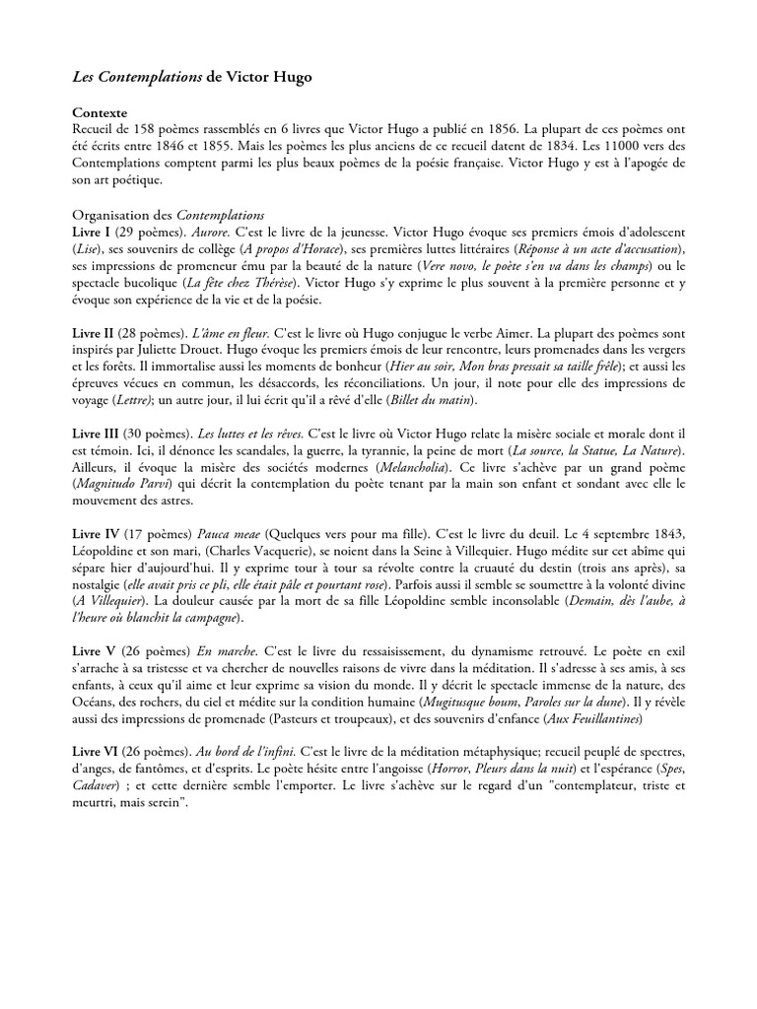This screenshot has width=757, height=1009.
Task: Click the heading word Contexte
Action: click(x=101, y=113)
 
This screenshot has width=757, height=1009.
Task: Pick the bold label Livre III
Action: click(x=97, y=434)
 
